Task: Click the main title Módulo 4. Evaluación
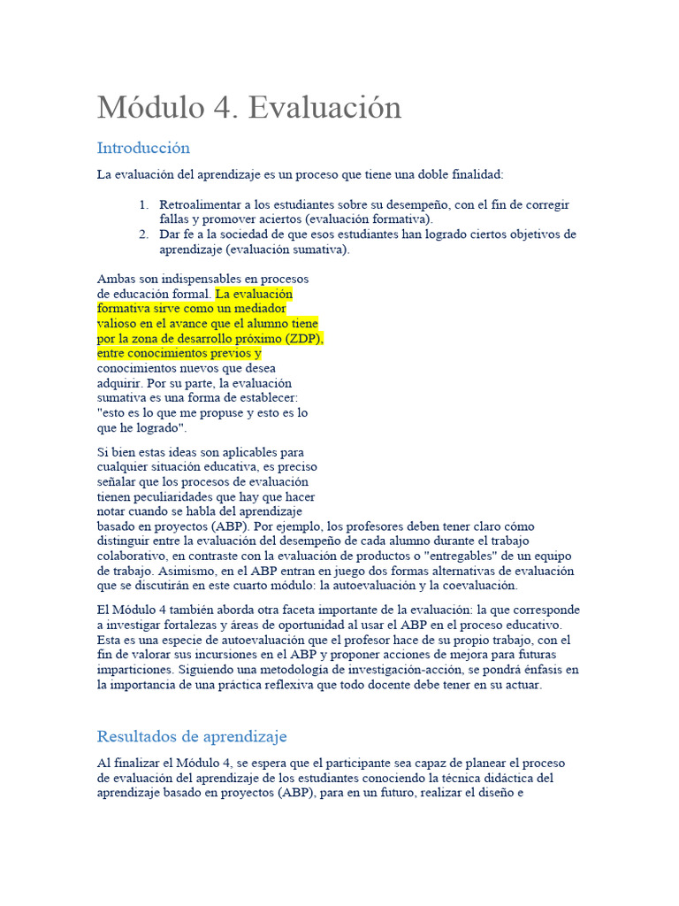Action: pyautogui.click(x=249, y=108)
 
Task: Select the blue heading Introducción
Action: pyautogui.click(x=143, y=148)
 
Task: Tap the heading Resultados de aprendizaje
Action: pyautogui.click(x=192, y=736)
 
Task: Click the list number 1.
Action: pyautogui.click(x=143, y=205)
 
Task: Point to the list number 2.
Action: pyautogui.click(x=143, y=235)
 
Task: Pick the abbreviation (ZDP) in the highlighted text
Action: pyautogui.click(x=305, y=339)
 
